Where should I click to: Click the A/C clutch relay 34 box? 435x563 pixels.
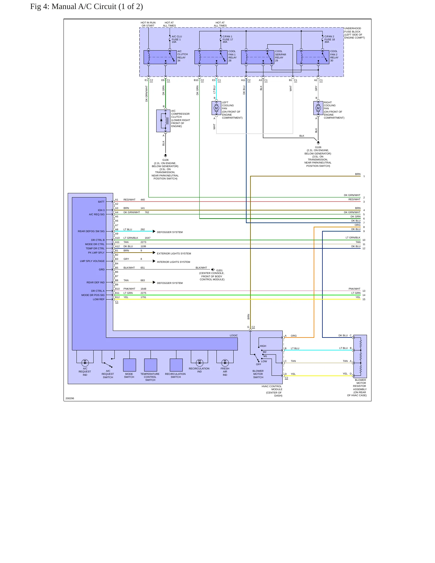tap(160, 57)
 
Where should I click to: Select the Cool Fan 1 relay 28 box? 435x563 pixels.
tap(211, 57)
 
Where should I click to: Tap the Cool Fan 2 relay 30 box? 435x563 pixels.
tap(313, 57)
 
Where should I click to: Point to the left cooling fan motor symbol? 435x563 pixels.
tap(216, 108)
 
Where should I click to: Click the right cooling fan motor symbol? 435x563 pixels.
tap(318, 108)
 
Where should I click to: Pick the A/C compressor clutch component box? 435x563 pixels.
tap(163, 121)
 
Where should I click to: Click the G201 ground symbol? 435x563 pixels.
tap(213, 269)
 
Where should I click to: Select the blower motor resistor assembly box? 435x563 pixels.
tap(360, 356)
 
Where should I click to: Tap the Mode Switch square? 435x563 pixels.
tap(129, 365)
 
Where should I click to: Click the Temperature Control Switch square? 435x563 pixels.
tap(151, 365)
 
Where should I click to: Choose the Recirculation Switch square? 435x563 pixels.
tap(176, 365)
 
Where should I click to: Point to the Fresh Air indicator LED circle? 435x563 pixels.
tap(225, 363)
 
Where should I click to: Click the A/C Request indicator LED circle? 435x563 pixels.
tap(85, 363)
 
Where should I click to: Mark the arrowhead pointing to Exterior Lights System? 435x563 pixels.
tap(154, 253)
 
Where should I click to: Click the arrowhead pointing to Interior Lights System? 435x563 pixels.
tap(154, 261)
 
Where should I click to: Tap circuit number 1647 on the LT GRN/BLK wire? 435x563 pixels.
tap(148, 238)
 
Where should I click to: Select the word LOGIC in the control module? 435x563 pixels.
tap(234, 335)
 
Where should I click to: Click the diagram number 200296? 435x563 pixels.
tap(70, 398)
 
